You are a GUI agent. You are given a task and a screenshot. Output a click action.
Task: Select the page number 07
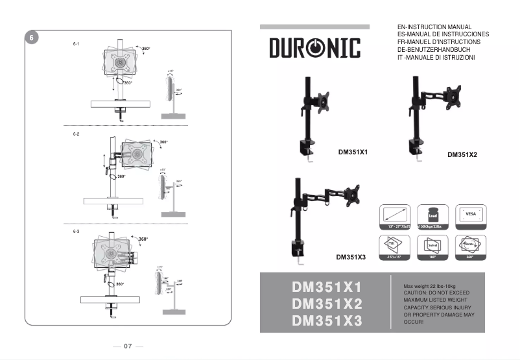click(128, 346)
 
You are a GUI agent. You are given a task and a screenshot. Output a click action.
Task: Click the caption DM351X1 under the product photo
click(353, 153)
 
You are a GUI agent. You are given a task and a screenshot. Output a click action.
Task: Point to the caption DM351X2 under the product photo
click(462, 155)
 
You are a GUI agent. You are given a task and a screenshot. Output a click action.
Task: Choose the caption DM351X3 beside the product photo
click(351, 257)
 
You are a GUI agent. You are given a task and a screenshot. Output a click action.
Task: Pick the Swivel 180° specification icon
click(432, 247)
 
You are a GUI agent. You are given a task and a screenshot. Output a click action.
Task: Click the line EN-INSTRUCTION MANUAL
click(434, 27)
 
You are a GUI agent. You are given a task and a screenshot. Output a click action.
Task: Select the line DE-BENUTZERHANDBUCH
click(433, 50)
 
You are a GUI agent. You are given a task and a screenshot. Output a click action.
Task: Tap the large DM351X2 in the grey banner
click(327, 304)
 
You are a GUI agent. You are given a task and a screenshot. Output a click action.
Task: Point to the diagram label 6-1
click(76, 43)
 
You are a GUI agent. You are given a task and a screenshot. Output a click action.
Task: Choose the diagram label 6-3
click(76, 232)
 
